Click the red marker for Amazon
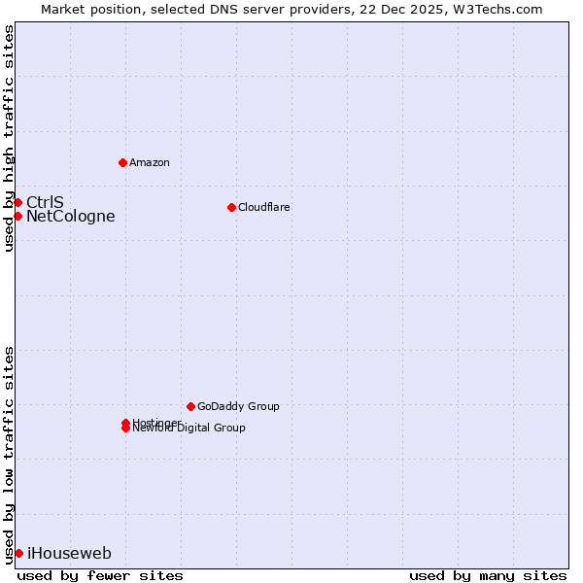click(122, 162)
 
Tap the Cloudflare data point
click(231, 207)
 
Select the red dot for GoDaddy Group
click(190, 406)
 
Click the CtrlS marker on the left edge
click(17, 202)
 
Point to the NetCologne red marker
click(17, 216)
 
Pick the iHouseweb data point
click(18, 553)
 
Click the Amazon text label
click(149, 162)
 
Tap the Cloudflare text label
click(263, 207)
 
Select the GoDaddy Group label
click(238, 406)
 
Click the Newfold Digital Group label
click(190, 429)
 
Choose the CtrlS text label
click(45, 202)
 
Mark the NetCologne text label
click(70, 216)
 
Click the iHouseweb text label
click(69, 553)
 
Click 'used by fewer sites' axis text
click(100, 575)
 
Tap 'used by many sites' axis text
click(488, 575)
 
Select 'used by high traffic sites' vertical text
click(9, 138)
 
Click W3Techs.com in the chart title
click(499, 9)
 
